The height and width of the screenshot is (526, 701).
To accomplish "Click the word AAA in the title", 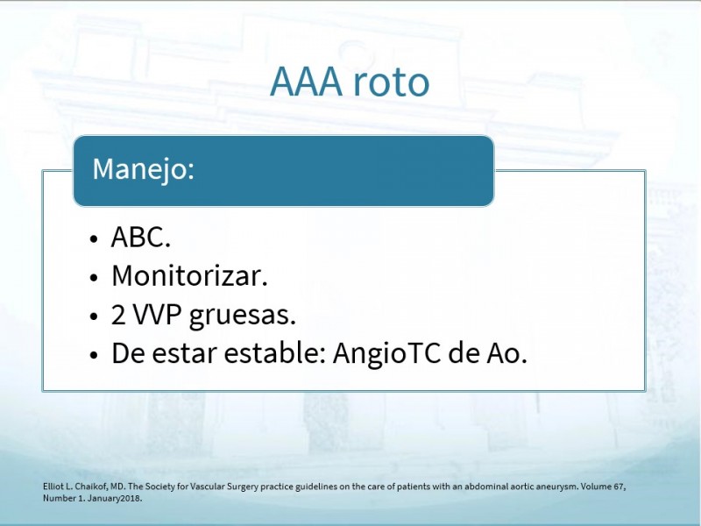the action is [x=306, y=82].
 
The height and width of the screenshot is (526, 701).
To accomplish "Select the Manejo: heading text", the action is [x=144, y=169].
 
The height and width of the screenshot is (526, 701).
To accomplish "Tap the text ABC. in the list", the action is [x=141, y=237].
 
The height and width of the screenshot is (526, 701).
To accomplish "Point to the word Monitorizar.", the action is [x=189, y=275].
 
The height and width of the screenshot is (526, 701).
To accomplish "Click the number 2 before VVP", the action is [x=118, y=315].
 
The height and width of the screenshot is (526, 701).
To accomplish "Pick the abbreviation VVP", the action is [x=158, y=315].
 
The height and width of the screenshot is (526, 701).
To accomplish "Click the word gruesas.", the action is [x=243, y=316].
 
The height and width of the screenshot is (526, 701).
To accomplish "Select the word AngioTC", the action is [x=386, y=354].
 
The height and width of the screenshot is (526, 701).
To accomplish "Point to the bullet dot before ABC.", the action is [x=94, y=238].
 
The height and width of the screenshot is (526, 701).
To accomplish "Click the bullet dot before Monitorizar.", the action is [x=94, y=278].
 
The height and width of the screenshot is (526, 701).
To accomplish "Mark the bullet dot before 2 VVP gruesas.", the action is [x=94, y=316].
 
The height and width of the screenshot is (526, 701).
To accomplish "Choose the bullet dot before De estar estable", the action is [x=94, y=355].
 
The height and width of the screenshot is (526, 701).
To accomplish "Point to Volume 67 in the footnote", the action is [x=603, y=487].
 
